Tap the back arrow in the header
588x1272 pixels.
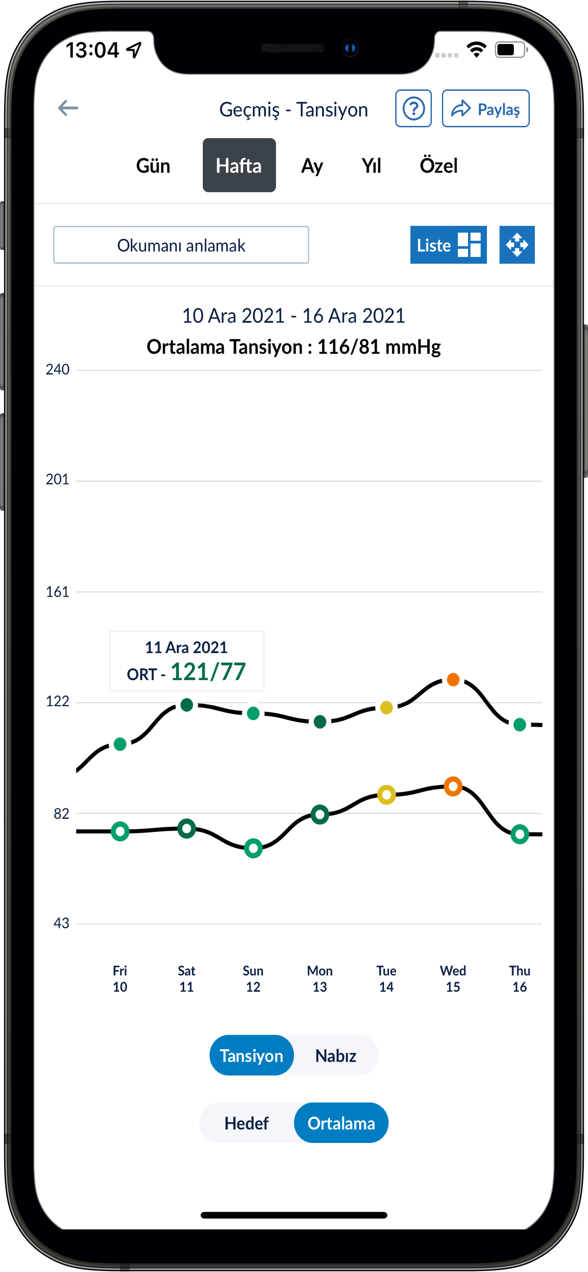(68, 108)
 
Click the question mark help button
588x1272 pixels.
(413, 109)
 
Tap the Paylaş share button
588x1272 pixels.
(485, 109)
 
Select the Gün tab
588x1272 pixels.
(153, 165)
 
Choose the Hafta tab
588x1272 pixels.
(239, 165)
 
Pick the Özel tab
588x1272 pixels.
(438, 165)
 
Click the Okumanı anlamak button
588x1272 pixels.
(181, 245)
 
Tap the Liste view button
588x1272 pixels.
(448, 245)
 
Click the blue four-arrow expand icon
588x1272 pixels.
(517, 245)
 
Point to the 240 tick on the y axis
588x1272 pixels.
(58, 370)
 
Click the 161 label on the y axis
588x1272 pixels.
(58, 592)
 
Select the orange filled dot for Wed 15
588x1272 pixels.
(453, 680)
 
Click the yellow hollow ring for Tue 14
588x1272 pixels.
(386, 794)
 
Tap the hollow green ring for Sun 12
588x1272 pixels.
(253, 848)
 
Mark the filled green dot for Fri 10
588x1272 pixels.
(120, 744)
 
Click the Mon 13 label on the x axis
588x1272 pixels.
(320, 978)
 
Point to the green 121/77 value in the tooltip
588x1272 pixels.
(208, 672)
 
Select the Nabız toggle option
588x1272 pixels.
(336, 1055)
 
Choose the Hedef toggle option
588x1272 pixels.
(246, 1123)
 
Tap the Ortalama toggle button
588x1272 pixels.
(341, 1123)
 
